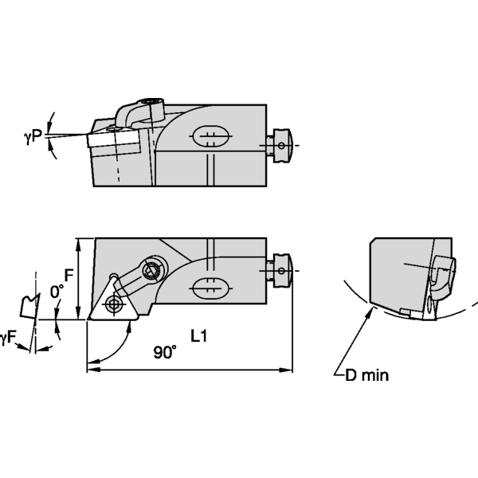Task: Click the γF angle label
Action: click(10, 339)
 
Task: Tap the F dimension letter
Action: click(69, 275)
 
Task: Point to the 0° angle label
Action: click(57, 293)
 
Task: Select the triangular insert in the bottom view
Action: click(113, 301)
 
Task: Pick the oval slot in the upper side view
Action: click(212, 135)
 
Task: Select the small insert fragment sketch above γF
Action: click(29, 304)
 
